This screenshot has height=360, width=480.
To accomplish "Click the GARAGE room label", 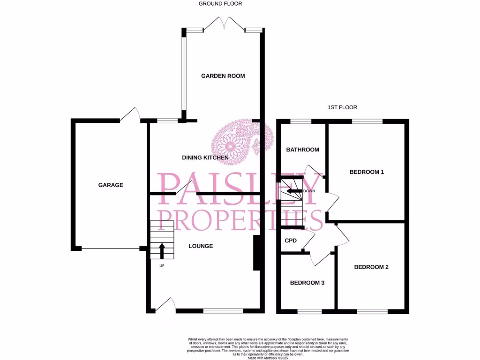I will [111, 185].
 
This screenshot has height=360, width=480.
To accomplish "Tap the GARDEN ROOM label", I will [223, 76].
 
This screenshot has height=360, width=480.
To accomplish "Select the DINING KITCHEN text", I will [205, 158].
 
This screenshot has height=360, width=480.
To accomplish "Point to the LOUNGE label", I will [201, 246].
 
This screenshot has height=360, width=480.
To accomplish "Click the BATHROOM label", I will [303, 150].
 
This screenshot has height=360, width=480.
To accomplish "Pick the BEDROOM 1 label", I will [367, 172].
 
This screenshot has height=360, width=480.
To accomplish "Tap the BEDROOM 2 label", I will [371, 268].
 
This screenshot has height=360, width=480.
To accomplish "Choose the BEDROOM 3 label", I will [307, 283].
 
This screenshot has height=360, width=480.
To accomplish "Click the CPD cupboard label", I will [291, 240].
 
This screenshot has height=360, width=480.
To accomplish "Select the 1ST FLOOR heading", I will [342, 107].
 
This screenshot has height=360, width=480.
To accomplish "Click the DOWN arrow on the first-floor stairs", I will [294, 191].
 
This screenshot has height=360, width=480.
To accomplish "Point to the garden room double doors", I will [224, 23].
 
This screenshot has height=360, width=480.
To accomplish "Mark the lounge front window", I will [223, 310].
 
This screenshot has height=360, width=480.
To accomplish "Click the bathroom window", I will [300, 121].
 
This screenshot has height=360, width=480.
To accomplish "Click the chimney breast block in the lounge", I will [257, 253].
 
